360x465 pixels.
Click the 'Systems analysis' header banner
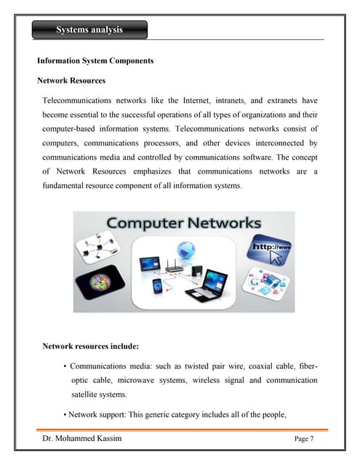(x=89, y=30)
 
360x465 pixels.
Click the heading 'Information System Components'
(x=95, y=61)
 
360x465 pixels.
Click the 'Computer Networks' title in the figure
(x=184, y=223)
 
